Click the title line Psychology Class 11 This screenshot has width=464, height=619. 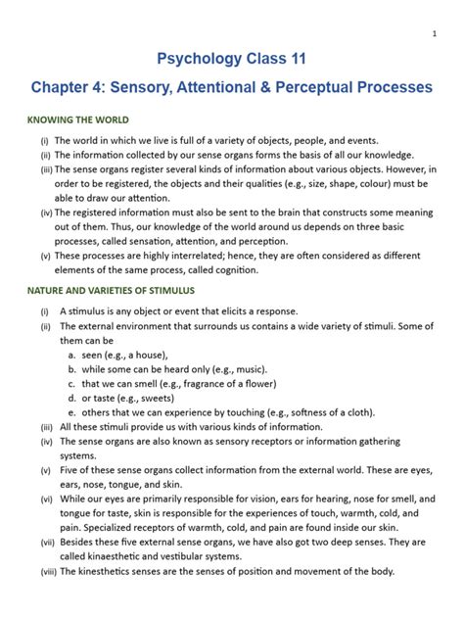coord(232,63)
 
